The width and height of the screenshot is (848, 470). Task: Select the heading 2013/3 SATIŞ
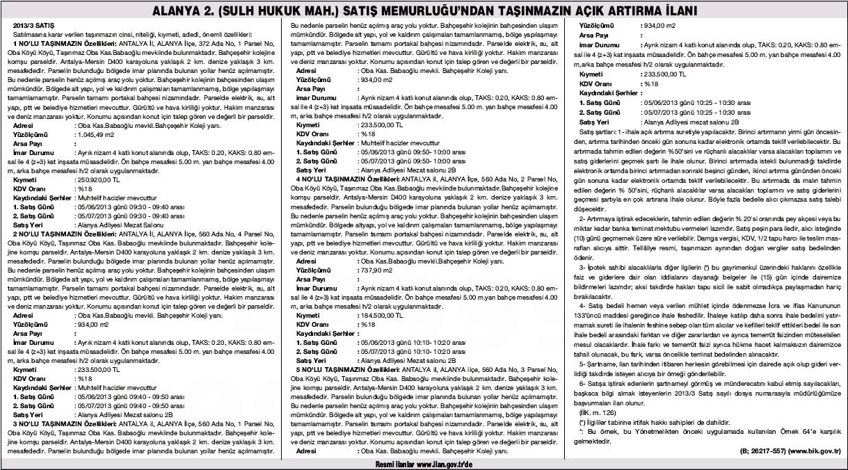tap(31, 26)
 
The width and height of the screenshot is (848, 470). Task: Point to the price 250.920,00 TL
tap(96, 179)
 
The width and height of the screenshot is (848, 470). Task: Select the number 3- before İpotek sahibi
tap(583, 267)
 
